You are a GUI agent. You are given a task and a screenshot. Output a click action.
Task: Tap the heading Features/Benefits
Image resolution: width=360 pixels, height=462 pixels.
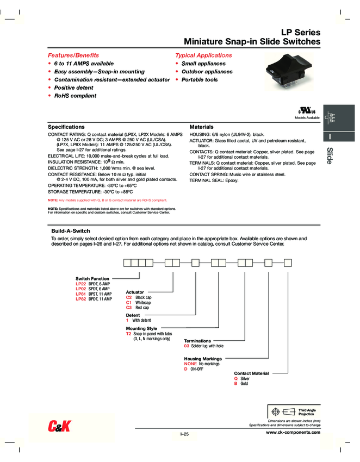(73, 55)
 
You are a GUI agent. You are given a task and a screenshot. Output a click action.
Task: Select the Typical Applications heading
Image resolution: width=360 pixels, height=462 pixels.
(203, 55)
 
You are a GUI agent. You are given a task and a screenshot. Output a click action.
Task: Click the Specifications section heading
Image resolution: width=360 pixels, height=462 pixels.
(66, 126)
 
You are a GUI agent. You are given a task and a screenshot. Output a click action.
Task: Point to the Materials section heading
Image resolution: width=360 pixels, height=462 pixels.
(201, 126)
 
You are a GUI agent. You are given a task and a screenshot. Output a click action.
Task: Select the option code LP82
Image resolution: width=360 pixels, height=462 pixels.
(80, 299)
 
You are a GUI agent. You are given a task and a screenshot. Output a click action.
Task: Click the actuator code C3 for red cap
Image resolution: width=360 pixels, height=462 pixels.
(129, 308)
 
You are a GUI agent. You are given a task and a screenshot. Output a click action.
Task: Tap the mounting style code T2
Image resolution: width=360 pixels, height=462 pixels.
(129, 334)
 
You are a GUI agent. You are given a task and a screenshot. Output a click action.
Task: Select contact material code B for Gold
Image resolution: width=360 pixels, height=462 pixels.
(236, 384)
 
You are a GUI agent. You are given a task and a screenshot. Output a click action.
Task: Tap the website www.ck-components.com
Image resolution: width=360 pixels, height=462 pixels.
(293, 432)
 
